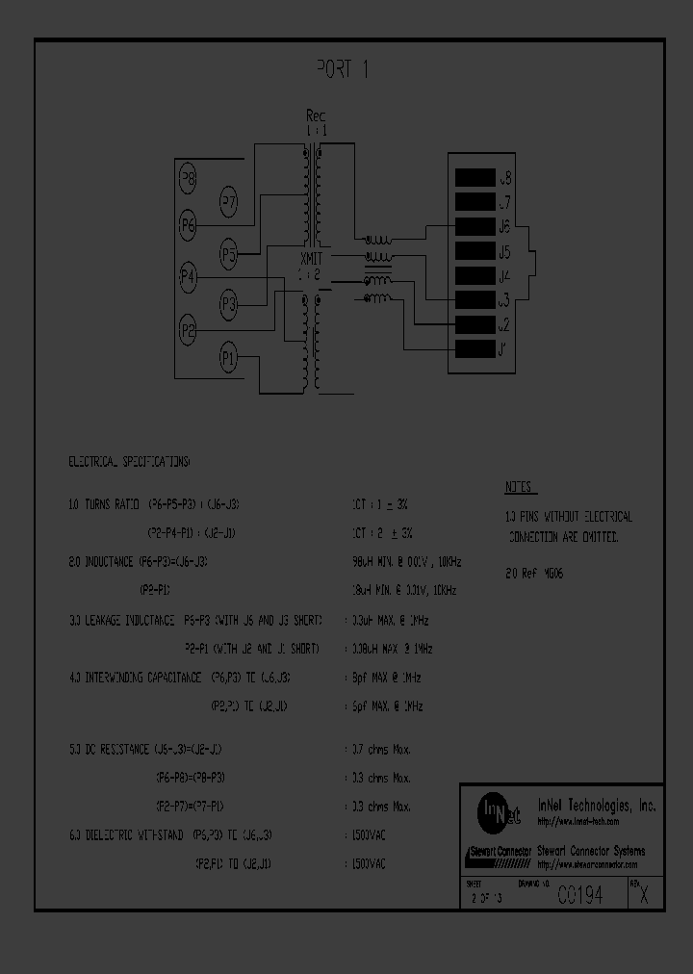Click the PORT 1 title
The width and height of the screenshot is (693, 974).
coord(344,68)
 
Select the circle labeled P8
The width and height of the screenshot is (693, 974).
coord(189,178)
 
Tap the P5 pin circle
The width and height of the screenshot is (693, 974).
coord(228,255)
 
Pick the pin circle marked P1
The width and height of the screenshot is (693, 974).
coord(228,359)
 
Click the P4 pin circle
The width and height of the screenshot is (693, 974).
coord(189,278)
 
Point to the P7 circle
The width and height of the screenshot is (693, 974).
coord(228,202)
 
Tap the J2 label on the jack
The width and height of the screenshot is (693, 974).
coord(503,325)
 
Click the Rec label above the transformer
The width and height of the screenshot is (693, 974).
coord(317,115)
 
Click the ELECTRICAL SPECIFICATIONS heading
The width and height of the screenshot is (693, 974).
coord(129,462)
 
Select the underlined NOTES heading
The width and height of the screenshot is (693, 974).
coord(521,488)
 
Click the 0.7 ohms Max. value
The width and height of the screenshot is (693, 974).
coord(378,748)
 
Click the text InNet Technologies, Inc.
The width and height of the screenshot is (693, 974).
coord(596,806)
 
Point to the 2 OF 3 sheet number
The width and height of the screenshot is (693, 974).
coord(488,898)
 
